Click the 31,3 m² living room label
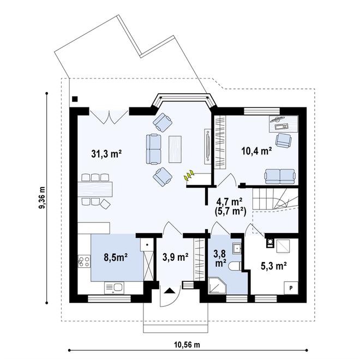coord(106,154)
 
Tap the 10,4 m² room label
coord(256,151)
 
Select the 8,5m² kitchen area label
coord(116,257)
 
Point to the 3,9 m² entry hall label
coord(176,257)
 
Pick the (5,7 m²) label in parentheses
coord(231,211)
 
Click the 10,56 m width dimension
coord(187,345)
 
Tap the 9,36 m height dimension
coord(42,198)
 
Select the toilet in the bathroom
coord(235,266)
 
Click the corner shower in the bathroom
coord(217,286)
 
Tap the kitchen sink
coord(115,287)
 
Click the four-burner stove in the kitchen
coord(84,261)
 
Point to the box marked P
coord(291,287)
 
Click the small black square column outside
coord(75,99)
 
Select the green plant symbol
coord(189,176)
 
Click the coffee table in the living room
coord(175,149)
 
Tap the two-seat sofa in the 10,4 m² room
coord(280,177)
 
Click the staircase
coord(275,199)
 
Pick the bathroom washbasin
coord(237,248)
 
